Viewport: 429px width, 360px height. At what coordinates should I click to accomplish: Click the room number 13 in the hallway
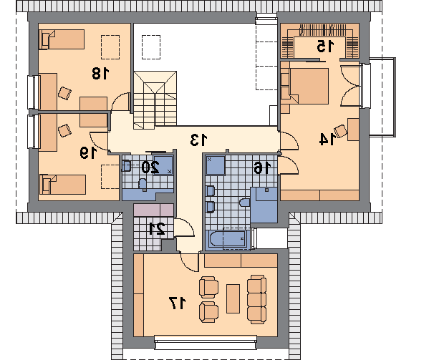pos(199,140)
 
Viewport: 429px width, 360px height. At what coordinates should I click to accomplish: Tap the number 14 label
pos(327,139)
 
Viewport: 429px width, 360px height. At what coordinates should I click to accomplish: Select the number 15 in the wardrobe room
pos(326,46)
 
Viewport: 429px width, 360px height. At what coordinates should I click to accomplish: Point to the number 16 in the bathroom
pos(262,167)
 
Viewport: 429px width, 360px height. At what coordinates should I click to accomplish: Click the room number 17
pos(178,303)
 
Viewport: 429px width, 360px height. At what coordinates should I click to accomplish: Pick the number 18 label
pos(100,73)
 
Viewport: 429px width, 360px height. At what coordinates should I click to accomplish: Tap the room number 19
pos(88,152)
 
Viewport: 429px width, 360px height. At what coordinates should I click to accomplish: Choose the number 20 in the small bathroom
pos(150,167)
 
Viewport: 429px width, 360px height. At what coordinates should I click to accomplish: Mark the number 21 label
pos(157,228)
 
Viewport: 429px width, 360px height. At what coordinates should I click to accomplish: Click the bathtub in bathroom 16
pos(228,238)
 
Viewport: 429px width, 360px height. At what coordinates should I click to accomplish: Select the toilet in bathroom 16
pos(244,203)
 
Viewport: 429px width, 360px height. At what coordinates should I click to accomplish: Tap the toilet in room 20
pos(143,183)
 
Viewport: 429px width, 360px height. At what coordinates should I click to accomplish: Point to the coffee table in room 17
pos(233,298)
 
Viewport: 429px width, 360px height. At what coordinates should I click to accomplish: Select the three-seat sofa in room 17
pos(256,299)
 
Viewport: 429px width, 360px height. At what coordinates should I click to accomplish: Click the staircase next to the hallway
pos(155,100)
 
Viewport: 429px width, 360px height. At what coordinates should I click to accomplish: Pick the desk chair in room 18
pos(65,93)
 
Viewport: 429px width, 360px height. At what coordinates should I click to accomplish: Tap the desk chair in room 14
pos(341,131)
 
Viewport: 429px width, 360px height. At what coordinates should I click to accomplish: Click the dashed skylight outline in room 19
pos(110,177)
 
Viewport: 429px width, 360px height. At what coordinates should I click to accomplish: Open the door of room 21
pos(184,228)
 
